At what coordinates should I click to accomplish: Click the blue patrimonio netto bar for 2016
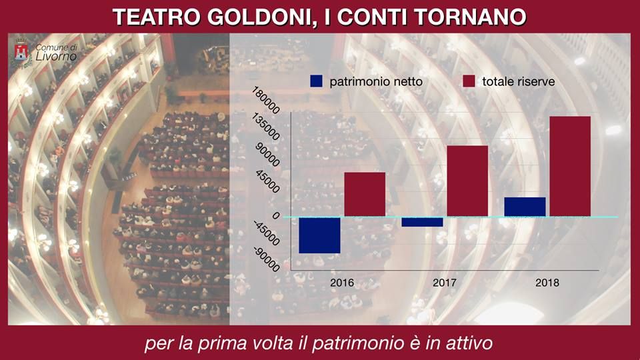320,235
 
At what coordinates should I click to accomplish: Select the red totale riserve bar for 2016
365,194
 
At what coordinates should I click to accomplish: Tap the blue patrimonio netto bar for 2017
423,222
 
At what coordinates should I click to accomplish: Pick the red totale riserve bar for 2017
467,181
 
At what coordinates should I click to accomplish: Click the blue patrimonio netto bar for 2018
525,207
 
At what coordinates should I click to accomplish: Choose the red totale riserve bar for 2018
570,166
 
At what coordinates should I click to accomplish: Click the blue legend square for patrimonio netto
316,81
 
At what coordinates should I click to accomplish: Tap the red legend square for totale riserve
469,81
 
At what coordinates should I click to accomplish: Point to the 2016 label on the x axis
342,283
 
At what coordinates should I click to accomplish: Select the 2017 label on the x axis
445,283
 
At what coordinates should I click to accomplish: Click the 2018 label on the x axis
547,283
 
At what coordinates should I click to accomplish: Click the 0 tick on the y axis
275,217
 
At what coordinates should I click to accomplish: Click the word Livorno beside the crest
56,57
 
